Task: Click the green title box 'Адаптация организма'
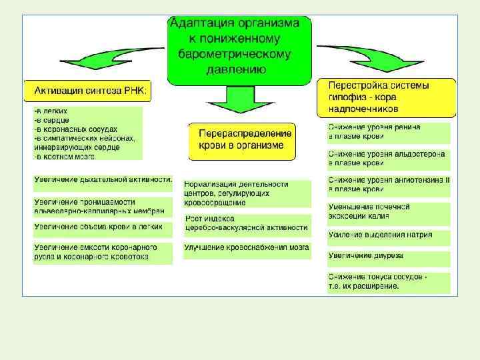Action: point(239,50)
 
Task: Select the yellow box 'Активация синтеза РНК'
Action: point(88,91)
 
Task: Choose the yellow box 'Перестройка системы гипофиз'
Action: point(389,97)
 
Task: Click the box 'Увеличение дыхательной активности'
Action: point(103,179)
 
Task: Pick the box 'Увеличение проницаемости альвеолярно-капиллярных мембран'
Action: point(103,206)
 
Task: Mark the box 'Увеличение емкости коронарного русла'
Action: point(103,252)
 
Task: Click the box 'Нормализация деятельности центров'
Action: point(247,193)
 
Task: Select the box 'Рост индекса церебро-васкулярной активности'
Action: point(247,224)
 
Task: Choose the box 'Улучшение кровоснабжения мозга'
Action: point(247,247)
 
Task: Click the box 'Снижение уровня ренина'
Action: point(388,131)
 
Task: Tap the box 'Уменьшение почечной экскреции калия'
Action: point(388,211)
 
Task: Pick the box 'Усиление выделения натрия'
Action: point(388,235)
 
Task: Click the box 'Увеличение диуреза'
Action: point(388,255)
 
